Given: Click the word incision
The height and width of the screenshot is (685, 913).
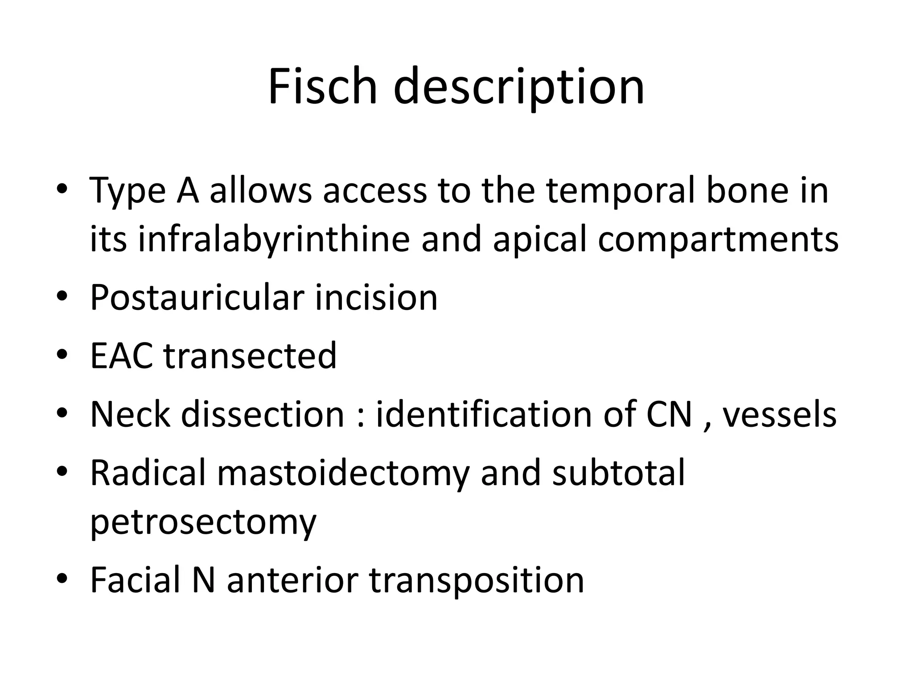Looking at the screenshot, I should click(x=377, y=297).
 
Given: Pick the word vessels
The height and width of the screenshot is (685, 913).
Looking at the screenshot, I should click(x=779, y=414).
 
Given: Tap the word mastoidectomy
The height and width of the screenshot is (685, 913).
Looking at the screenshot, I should click(x=343, y=473).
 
